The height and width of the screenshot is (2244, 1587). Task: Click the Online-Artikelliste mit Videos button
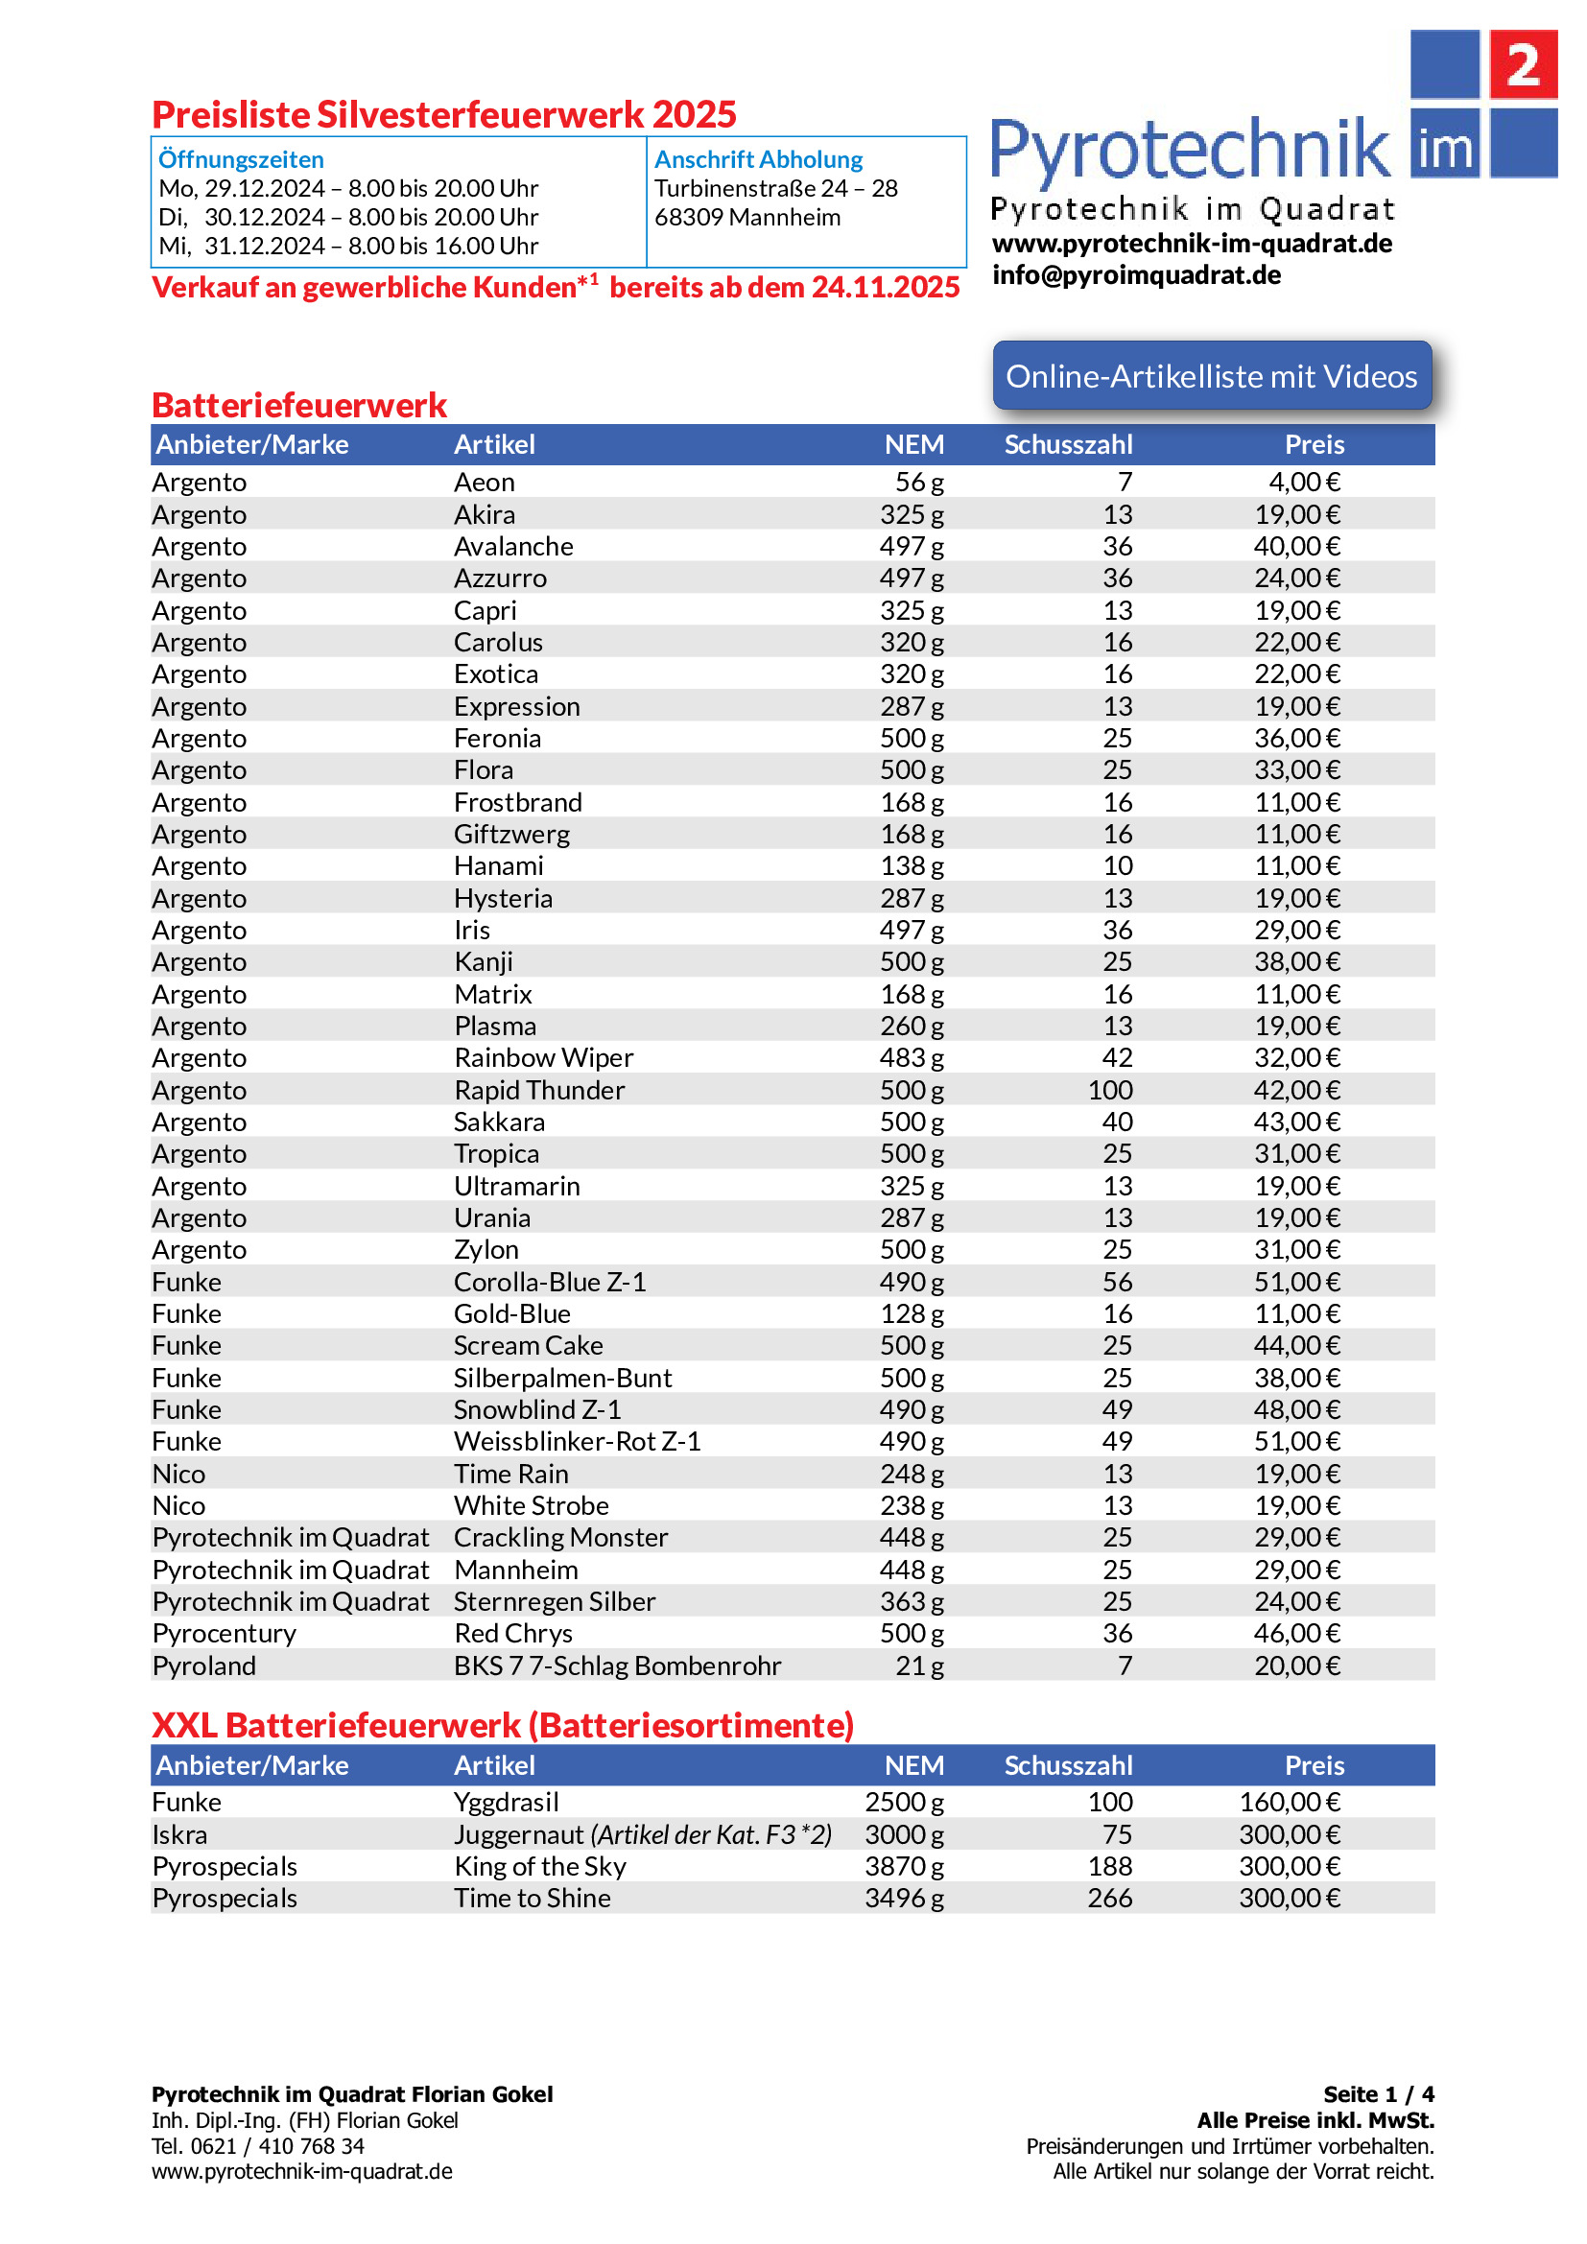coord(1211,376)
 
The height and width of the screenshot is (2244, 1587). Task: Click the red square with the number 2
coord(1522,64)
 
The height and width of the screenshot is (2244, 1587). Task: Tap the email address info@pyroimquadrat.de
coord(1135,274)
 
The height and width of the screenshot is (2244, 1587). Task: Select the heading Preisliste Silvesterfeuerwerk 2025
coord(443,114)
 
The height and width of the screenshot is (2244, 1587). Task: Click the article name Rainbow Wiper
coord(543,1057)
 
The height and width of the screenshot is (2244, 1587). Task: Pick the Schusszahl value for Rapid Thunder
coord(1110,1090)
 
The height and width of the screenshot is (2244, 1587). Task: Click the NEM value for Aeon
coord(918,482)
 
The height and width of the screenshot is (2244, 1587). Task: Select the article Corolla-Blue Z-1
coord(549,1282)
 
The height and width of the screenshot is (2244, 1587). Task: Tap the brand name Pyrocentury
coord(224,1633)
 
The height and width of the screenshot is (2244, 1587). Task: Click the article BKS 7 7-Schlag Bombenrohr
coord(617,1665)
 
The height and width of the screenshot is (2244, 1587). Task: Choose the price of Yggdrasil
coord(1289,1802)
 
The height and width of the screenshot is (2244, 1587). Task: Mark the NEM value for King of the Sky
coord(904,1866)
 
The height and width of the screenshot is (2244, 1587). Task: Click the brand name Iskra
coord(179,1834)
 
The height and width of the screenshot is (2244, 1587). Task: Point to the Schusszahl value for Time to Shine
coord(1110,1898)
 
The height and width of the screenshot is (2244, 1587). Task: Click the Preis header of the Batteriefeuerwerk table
coord(1314,445)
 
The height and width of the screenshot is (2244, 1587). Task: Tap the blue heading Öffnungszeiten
coord(241,159)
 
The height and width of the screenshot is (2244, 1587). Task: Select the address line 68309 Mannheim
coord(746,217)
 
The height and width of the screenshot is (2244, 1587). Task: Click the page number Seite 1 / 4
coord(1378,2093)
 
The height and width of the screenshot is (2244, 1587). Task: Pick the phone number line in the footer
coord(258,2146)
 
